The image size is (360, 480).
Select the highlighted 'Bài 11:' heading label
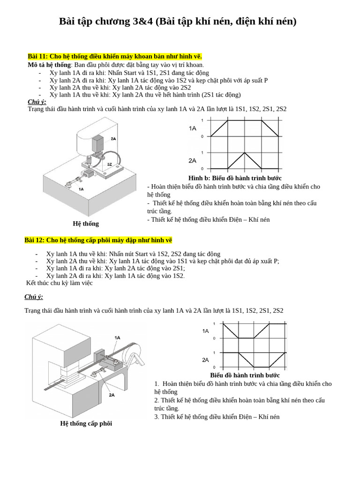[38, 57]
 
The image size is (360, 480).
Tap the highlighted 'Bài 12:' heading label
[35, 240]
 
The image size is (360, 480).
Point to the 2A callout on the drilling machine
[113, 139]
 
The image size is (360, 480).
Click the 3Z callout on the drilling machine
[109, 164]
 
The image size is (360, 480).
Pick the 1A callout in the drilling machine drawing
[81, 189]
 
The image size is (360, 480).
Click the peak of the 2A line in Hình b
[244, 153]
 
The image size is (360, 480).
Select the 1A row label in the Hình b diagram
[193, 128]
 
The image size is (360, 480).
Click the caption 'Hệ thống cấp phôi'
[86, 423]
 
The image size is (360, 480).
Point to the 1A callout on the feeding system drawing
[117, 337]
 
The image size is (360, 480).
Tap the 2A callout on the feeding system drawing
[112, 395]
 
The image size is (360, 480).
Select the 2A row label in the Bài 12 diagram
[205, 360]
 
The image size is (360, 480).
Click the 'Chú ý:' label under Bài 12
[34, 297]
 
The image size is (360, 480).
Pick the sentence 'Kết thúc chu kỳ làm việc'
[60, 283]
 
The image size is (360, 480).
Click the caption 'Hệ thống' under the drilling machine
[86, 224]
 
